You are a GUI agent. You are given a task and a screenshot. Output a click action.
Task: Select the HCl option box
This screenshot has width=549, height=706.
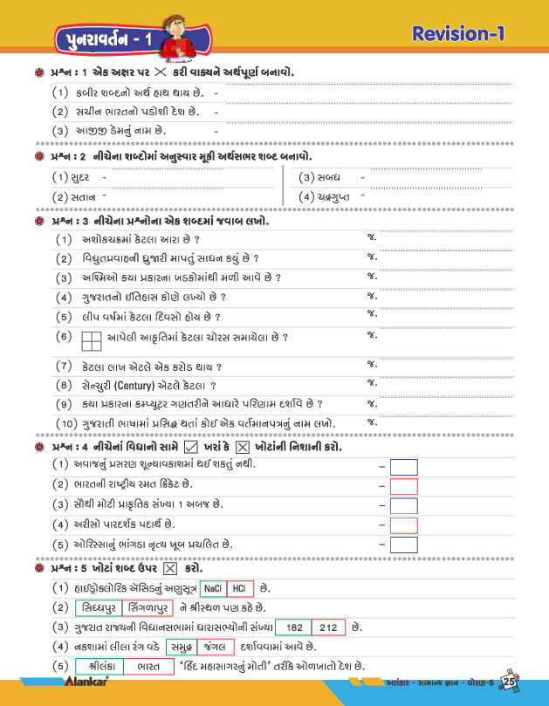[242, 587]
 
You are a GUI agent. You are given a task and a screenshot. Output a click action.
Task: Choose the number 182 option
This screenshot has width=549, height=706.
[294, 627]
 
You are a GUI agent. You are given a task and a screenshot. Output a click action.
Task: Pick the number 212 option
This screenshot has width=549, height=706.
[329, 627]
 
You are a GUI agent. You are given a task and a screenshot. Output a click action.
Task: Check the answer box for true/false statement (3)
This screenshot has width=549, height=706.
[403, 506]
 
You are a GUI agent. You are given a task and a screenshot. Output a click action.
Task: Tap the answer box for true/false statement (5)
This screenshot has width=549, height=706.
[403, 545]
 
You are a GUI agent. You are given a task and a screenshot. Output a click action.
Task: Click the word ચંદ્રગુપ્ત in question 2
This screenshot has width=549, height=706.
[335, 197]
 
